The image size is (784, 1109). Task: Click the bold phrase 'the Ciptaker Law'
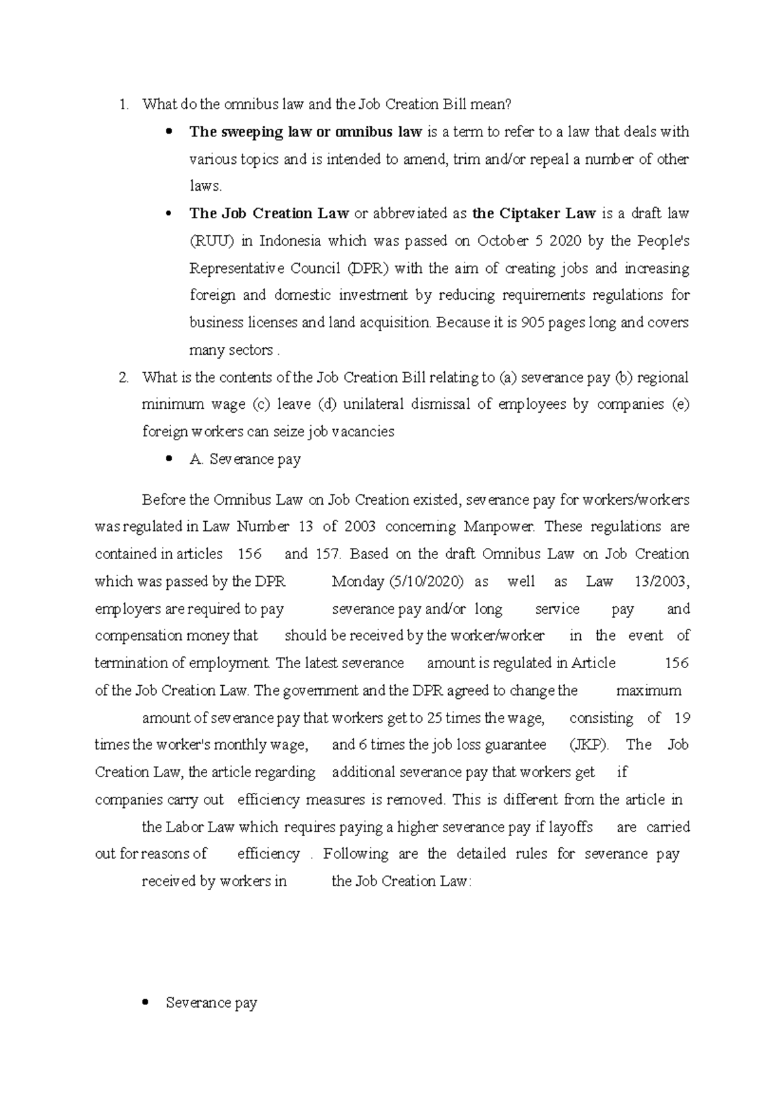[x=533, y=214]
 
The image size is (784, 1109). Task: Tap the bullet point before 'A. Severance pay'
[x=169, y=458]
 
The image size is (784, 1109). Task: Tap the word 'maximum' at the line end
[x=648, y=690]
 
